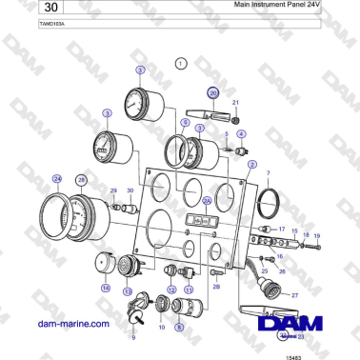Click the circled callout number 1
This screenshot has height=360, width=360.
click(x=181, y=62)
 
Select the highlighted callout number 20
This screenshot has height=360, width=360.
click(x=213, y=93)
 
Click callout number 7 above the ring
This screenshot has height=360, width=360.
click(x=268, y=172)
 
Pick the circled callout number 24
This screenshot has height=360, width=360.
click(x=57, y=178)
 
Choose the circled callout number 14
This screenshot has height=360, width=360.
click(x=106, y=286)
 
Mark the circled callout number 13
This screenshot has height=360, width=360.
click(x=129, y=290)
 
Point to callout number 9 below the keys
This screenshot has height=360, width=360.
click(x=133, y=337)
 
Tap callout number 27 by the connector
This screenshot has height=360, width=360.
click(x=294, y=296)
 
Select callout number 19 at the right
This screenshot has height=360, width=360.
click(x=317, y=234)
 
